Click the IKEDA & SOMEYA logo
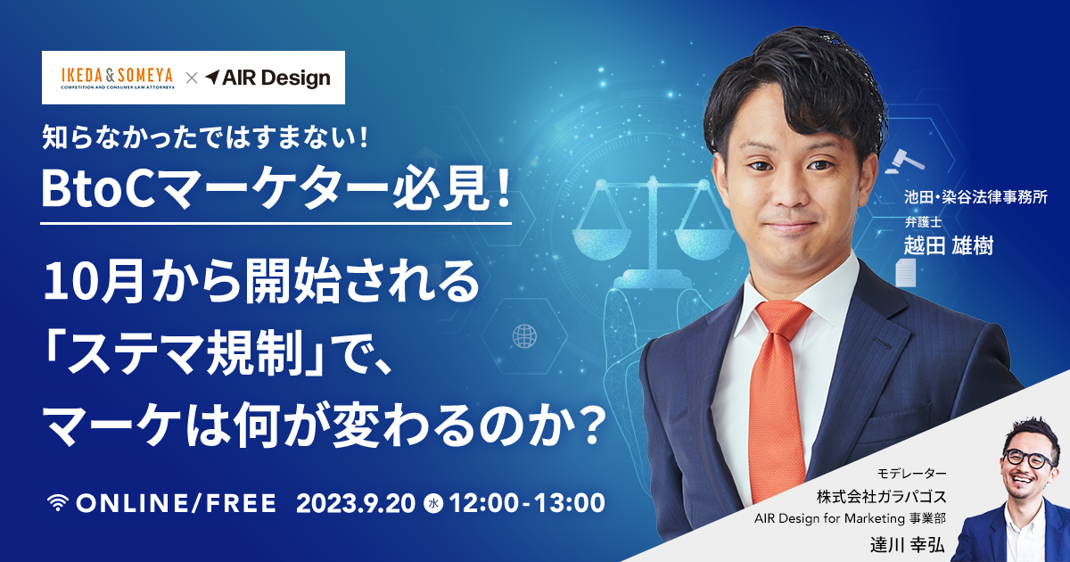tap(118, 78)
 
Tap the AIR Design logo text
tap(268, 78)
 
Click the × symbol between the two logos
tap(192, 78)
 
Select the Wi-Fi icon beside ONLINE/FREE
tap(58, 503)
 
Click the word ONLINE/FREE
tap(177, 503)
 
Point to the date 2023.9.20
tap(356, 503)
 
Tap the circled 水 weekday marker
tap(433, 504)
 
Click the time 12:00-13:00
tap(527, 503)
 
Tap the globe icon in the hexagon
tap(524, 336)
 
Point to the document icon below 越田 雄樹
tap(905, 273)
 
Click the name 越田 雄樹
tap(948, 246)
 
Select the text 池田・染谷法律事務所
tap(975, 197)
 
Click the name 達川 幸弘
tap(908, 545)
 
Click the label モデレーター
tap(911, 473)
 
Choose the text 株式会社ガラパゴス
tap(881, 497)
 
